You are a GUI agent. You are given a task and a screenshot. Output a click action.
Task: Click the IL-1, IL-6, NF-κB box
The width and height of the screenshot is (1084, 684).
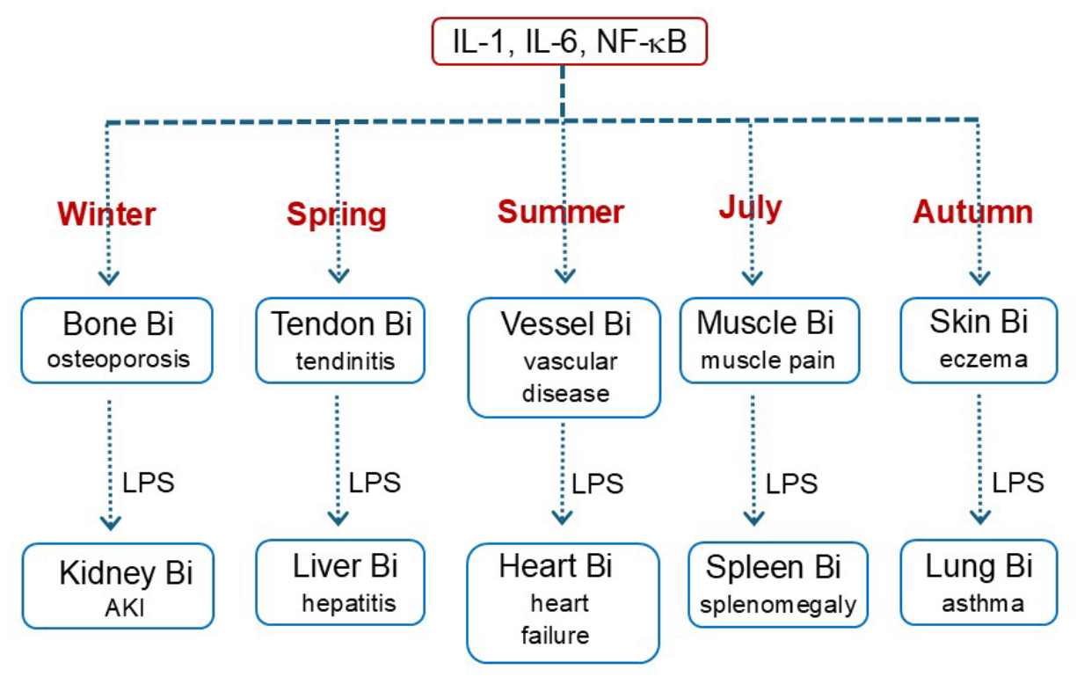[x=569, y=41]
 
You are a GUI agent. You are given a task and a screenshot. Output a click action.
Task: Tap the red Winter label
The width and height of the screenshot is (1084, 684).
[x=106, y=214]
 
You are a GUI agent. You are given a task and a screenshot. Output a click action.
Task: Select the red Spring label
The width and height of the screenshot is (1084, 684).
[x=337, y=215]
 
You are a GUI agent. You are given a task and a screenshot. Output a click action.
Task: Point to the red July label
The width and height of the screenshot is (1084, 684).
[x=750, y=208]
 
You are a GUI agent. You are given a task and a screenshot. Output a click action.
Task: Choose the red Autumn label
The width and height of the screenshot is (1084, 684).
[x=972, y=212]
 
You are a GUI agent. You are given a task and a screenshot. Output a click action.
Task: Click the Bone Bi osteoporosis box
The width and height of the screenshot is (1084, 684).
[x=117, y=340]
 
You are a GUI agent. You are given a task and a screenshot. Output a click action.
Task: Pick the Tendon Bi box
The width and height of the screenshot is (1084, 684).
[x=340, y=340]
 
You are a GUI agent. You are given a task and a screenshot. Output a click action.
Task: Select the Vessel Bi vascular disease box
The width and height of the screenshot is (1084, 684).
[x=564, y=358]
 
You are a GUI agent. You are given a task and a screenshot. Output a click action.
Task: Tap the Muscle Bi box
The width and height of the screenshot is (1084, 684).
[x=769, y=340]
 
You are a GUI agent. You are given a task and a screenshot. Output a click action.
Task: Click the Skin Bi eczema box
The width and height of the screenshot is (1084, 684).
[x=979, y=340]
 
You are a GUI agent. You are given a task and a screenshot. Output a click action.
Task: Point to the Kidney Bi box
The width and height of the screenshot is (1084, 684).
[x=118, y=586]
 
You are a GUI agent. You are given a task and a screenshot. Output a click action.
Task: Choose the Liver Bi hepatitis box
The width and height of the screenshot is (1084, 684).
[x=340, y=583]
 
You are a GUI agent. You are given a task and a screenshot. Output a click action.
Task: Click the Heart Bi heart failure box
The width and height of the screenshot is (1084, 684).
[x=563, y=603]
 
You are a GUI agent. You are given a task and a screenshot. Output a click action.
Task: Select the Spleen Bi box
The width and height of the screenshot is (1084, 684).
[x=778, y=585]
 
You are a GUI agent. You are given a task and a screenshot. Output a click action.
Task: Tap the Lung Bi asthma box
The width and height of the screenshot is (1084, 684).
[x=979, y=583]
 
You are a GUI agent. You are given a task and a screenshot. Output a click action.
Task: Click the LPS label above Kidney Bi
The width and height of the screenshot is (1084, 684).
[x=148, y=483]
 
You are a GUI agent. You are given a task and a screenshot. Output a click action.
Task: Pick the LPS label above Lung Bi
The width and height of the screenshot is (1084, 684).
[x=1018, y=483]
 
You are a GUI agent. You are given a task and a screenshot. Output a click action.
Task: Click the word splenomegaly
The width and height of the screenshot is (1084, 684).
[x=778, y=605]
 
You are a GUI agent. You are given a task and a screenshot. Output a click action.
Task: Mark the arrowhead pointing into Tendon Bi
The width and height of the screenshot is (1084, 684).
[x=338, y=276]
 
